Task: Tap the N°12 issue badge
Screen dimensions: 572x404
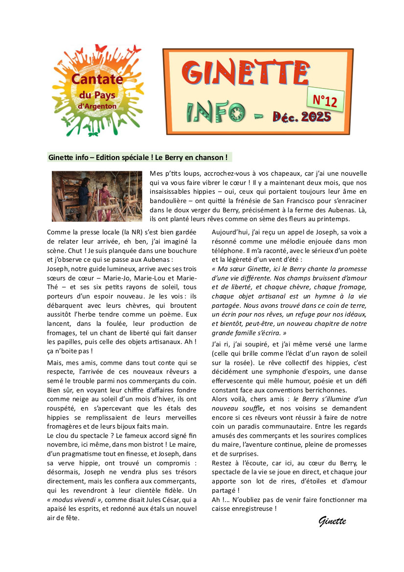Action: tap(325, 101)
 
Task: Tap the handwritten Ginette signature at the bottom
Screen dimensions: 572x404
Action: tap(332, 521)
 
